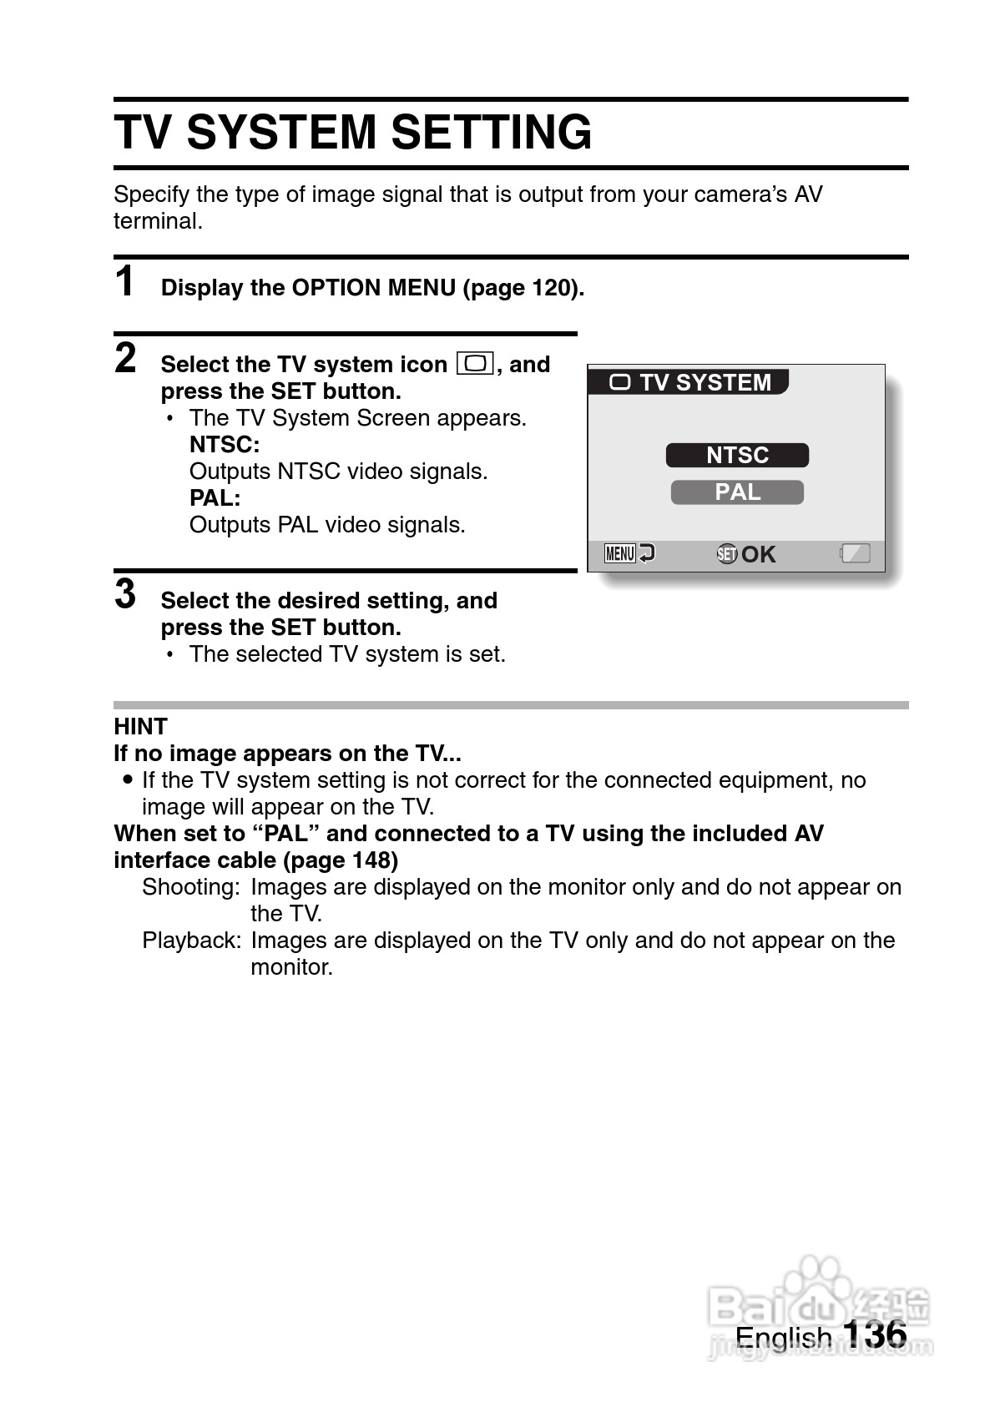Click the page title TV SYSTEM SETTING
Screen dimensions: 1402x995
coord(352,132)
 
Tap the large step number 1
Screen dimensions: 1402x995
coord(124,281)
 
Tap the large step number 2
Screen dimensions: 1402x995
coord(125,358)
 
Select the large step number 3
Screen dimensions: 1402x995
coord(125,594)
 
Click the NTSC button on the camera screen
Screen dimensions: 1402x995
coord(737,455)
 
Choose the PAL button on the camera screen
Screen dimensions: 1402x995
coord(737,492)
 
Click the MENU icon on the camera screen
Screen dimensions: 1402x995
coord(620,553)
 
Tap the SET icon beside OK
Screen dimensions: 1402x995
coord(727,554)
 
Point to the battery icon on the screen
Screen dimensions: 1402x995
coord(855,553)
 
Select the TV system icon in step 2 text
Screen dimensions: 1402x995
coord(476,365)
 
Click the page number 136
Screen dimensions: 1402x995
coord(874,1334)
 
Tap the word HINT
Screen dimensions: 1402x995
coord(140,726)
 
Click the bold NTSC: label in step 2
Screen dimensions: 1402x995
coord(225,444)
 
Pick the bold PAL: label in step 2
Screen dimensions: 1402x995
coord(215,497)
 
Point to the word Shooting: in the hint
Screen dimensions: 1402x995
coord(191,886)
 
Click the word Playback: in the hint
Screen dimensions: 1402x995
coord(191,940)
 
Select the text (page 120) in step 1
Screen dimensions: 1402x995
coord(523,288)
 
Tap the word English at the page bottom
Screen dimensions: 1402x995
coord(784,1338)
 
